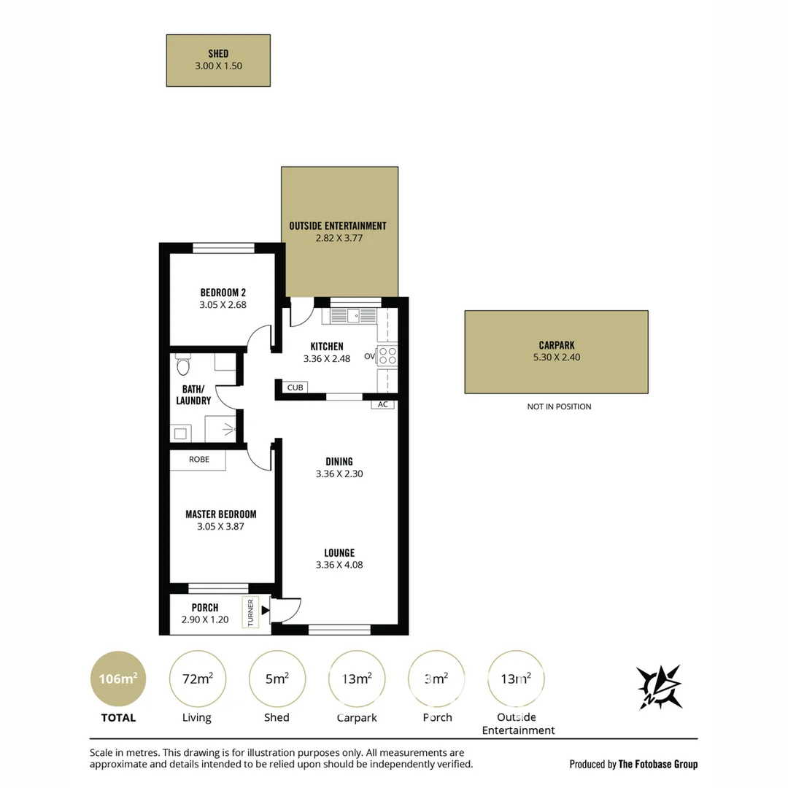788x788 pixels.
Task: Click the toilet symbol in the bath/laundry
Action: click(x=183, y=365)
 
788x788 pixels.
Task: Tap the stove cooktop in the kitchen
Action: click(x=387, y=356)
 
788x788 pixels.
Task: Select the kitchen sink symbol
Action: click(x=353, y=316)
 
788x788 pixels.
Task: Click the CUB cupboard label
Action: click(x=295, y=387)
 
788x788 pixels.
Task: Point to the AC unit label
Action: click(x=383, y=404)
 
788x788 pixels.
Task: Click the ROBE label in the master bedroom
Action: click(x=199, y=460)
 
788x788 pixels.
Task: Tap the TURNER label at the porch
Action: click(x=250, y=612)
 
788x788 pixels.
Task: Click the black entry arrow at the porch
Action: click(x=266, y=610)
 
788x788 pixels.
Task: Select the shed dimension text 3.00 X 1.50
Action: click(x=219, y=66)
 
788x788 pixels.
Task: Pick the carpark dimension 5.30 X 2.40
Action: click(x=557, y=358)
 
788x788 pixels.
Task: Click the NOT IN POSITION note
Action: click(x=560, y=406)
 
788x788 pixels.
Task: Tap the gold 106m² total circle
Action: click(x=118, y=679)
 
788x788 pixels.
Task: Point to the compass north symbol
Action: click(x=659, y=687)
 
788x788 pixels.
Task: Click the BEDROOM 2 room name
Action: click(x=223, y=293)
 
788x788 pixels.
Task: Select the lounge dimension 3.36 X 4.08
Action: click(x=339, y=565)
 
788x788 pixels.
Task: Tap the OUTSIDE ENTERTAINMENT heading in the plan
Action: click(x=338, y=226)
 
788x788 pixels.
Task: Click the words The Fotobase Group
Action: click(x=658, y=765)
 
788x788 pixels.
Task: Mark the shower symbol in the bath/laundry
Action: click(x=220, y=429)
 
